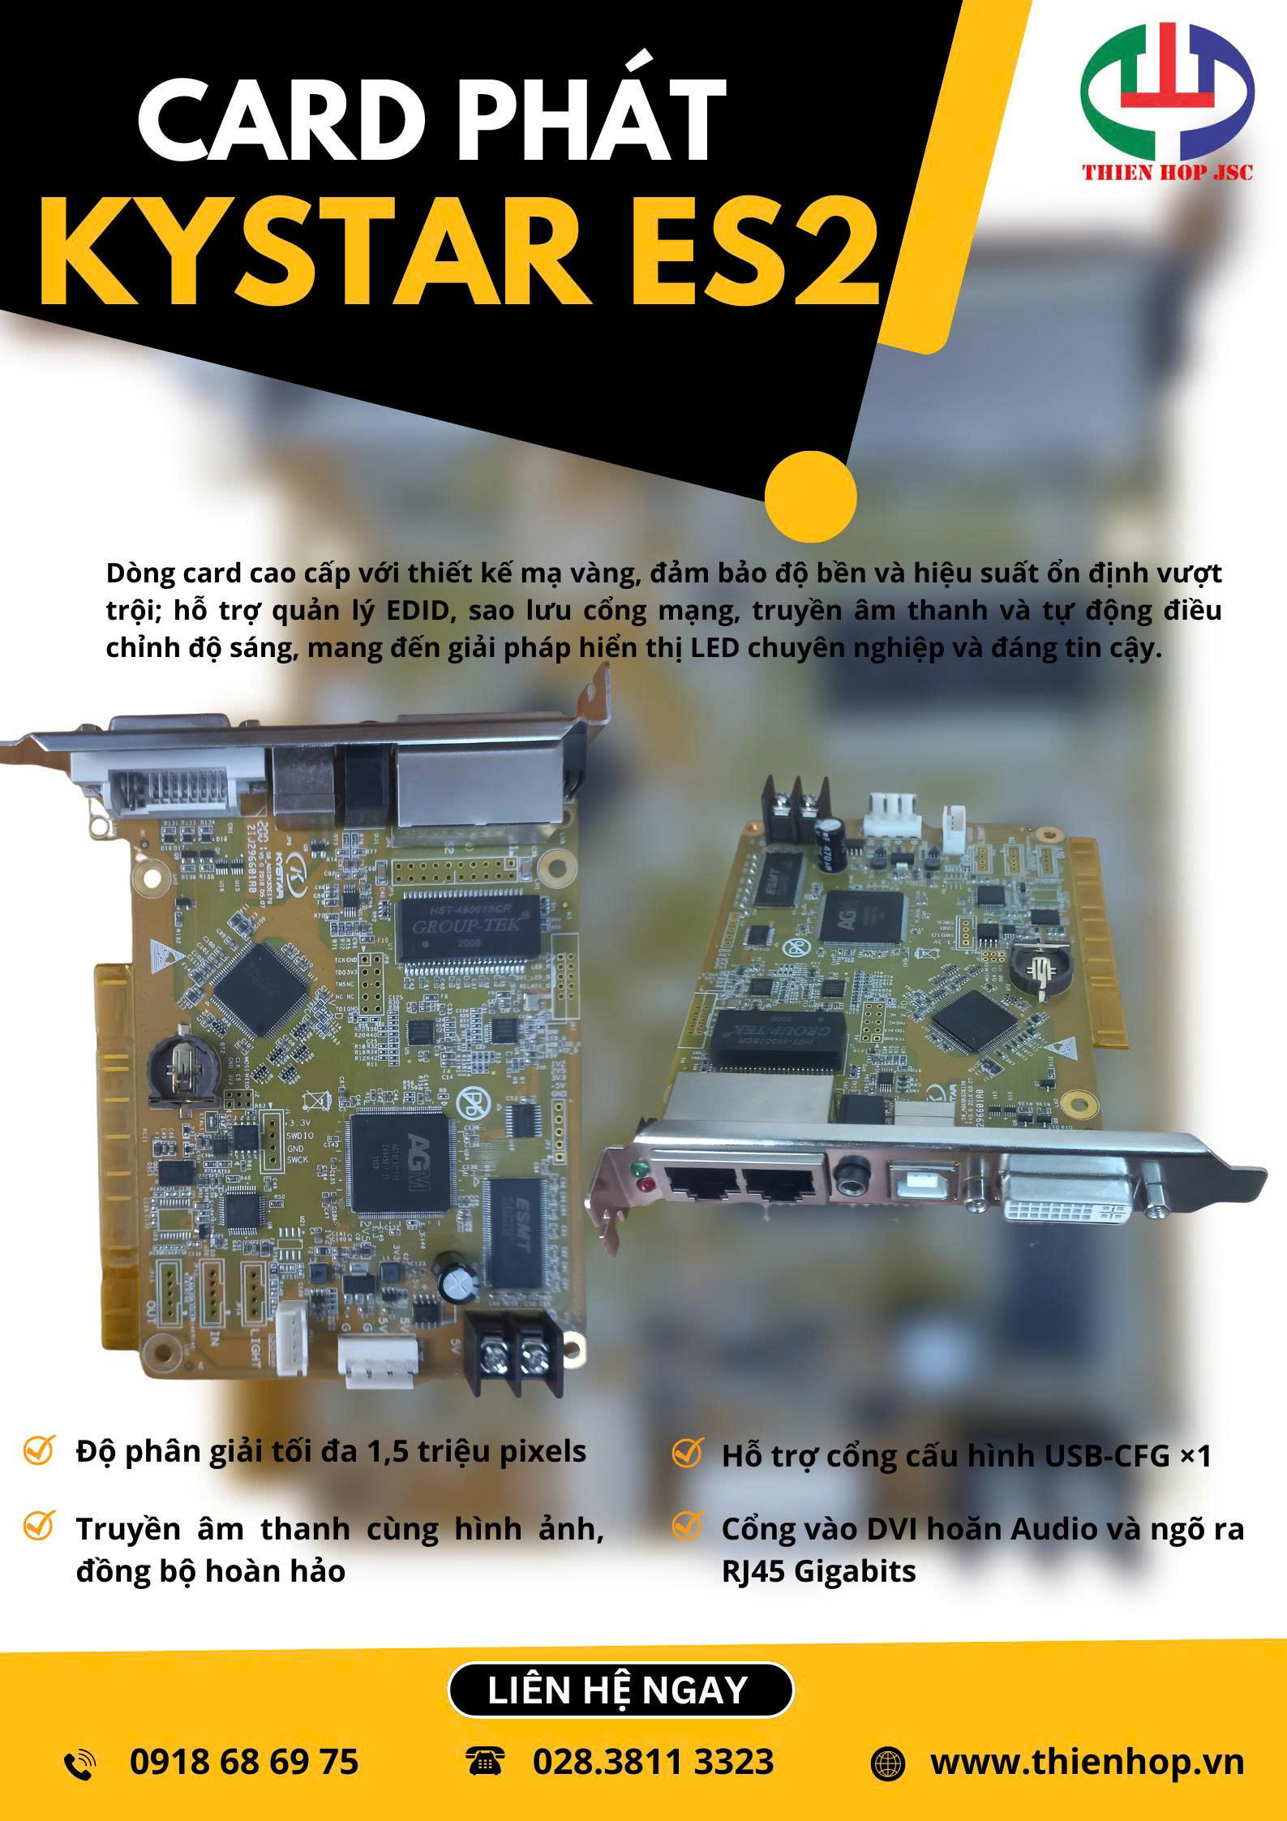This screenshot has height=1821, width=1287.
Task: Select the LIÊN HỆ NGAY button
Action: [x=620, y=1690]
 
